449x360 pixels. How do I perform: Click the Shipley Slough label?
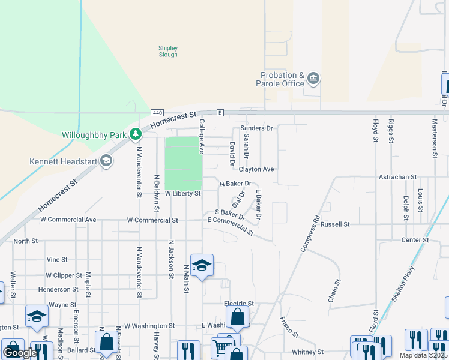point(168,51)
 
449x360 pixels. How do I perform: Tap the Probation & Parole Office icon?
point(313,79)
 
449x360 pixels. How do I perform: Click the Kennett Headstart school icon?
point(106,161)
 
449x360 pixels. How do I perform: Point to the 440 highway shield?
point(157,113)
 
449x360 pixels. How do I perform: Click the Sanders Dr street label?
point(256,128)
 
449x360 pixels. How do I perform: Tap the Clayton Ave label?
point(256,169)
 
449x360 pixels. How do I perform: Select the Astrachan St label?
point(397,177)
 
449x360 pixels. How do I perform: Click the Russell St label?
point(335,224)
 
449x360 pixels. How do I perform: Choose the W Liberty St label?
point(182,194)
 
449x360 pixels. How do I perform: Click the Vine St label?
point(57,259)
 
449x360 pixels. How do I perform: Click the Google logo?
point(20,352)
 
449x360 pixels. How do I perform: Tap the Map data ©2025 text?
point(423,355)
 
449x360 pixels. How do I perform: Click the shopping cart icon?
point(221,347)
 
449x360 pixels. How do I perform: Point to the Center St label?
point(415,240)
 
